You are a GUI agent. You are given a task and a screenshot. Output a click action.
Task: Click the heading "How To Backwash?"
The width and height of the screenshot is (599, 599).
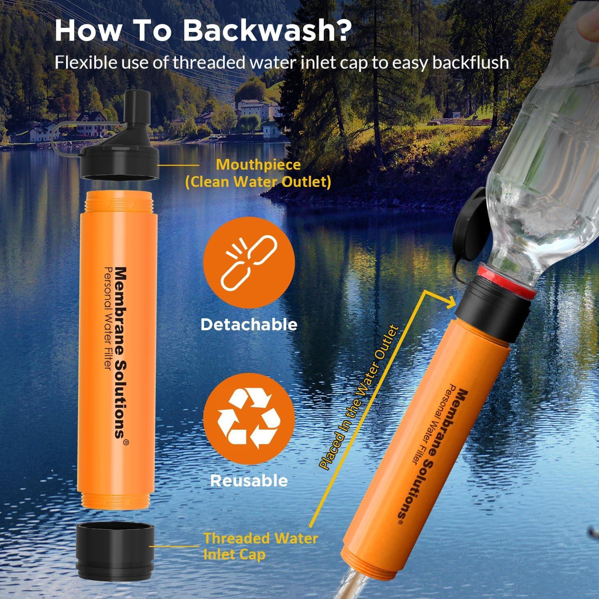(203, 30)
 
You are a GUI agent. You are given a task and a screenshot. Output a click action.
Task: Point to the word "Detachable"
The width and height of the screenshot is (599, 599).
(249, 325)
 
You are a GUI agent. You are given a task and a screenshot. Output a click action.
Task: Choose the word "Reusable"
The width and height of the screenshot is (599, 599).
(249, 480)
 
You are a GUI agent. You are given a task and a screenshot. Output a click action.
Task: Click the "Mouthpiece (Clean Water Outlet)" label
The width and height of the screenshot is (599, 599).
(258, 173)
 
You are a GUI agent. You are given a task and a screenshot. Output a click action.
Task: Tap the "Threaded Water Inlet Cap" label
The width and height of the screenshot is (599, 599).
(260, 546)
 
